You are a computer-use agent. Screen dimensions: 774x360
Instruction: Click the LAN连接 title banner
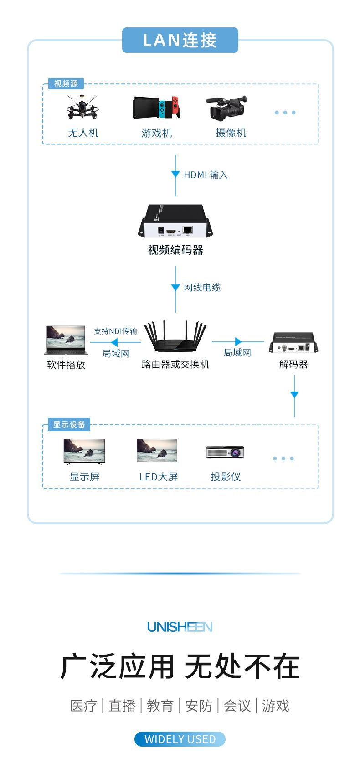click(x=180, y=40)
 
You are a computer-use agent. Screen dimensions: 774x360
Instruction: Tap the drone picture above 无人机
click(x=82, y=108)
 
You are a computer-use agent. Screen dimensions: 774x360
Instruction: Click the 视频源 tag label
click(x=66, y=84)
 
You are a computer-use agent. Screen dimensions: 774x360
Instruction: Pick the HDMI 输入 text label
click(x=206, y=175)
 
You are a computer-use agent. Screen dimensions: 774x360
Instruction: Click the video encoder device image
click(x=175, y=222)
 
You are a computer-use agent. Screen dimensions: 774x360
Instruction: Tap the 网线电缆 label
click(x=202, y=288)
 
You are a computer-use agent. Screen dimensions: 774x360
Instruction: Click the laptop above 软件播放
click(x=66, y=340)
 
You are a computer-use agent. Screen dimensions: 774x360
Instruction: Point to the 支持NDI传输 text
click(x=115, y=331)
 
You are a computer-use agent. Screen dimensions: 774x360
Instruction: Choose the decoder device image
click(x=293, y=343)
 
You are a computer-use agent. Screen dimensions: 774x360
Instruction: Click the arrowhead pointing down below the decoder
click(x=294, y=395)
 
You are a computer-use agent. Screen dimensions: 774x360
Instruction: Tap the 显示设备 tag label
click(x=69, y=424)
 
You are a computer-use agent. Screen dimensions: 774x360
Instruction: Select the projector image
click(x=225, y=451)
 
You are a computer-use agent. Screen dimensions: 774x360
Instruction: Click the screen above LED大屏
click(x=157, y=450)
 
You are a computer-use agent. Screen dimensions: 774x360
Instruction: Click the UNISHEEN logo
click(x=180, y=627)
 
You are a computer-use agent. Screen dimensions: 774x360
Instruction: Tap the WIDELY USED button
click(x=180, y=739)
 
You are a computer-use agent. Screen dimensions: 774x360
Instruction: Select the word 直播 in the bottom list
click(x=122, y=706)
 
